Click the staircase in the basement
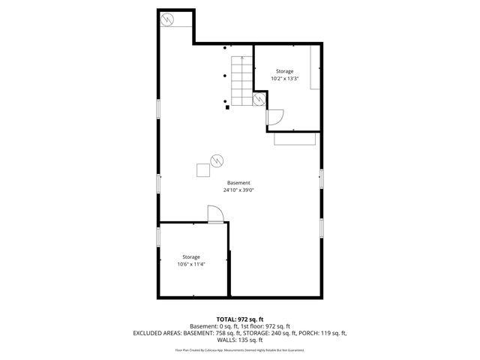click(241, 81)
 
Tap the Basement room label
click(239, 183)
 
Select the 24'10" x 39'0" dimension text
click(239, 190)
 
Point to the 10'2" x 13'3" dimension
click(284, 79)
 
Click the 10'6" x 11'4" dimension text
click(191, 264)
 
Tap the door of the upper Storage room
click(274, 118)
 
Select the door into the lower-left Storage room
click(216, 215)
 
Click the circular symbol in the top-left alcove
click(169, 18)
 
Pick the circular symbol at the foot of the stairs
click(259, 98)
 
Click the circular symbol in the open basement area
click(217, 160)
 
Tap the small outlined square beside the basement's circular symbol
click(203, 170)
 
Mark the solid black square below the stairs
click(226, 107)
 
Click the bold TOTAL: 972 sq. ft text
click(239, 319)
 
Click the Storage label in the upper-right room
click(284, 71)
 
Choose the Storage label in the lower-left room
click(191, 256)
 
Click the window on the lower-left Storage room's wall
click(158, 236)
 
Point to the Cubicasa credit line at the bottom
click(239, 349)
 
